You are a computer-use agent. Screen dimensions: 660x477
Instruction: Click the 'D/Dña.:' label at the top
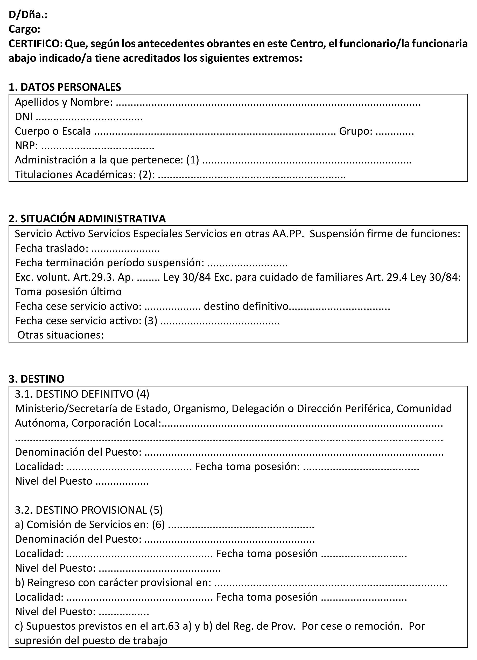(x=28, y=15)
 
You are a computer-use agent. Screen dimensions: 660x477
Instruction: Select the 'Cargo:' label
(x=24, y=29)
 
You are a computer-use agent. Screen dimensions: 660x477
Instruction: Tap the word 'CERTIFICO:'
(x=36, y=44)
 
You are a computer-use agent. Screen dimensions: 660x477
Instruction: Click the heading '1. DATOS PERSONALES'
(x=65, y=87)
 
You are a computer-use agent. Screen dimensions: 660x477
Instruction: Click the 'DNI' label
(x=24, y=117)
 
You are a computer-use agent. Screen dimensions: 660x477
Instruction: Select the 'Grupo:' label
(x=356, y=131)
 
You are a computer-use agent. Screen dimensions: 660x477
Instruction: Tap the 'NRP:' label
(x=26, y=146)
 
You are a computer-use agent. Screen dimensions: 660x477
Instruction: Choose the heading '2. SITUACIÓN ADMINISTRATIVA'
(x=87, y=219)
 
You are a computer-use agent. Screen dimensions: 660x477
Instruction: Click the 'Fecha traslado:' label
(x=52, y=248)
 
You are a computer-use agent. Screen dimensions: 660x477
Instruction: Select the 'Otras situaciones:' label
(x=60, y=335)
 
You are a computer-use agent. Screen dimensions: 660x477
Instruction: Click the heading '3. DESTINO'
(x=36, y=379)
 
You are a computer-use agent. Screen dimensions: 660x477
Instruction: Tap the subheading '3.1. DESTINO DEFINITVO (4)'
(x=82, y=394)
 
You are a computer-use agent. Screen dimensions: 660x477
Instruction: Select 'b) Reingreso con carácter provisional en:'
(x=113, y=583)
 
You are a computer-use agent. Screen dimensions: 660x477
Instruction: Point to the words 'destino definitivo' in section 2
(x=246, y=306)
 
